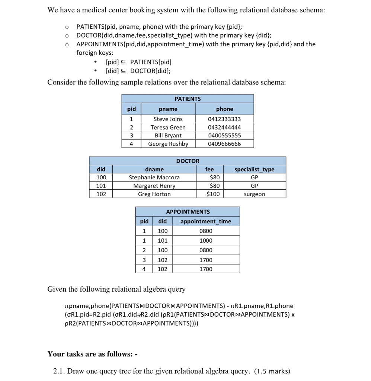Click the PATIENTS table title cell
[x=188, y=99]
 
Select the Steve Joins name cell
[x=168, y=119]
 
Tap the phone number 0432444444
[x=224, y=127]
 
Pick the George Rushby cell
[x=168, y=144]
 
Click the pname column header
[x=168, y=109]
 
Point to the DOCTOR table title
[x=188, y=161]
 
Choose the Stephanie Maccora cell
[x=154, y=177]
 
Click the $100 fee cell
[x=213, y=194]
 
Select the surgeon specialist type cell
[x=255, y=194]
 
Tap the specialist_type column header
[x=255, y=169]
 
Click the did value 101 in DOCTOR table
[x=101, y=186]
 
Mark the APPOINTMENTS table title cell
[x=188, y=212]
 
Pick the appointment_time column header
[x=206, y=221]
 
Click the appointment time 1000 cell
[x=206, y=241]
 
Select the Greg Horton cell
[x=154, y=194]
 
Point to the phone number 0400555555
[x=224, y=135]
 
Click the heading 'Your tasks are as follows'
[x=92, y=354]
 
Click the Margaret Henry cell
[x=154, y=186]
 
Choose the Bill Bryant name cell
[x=168, y=135]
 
